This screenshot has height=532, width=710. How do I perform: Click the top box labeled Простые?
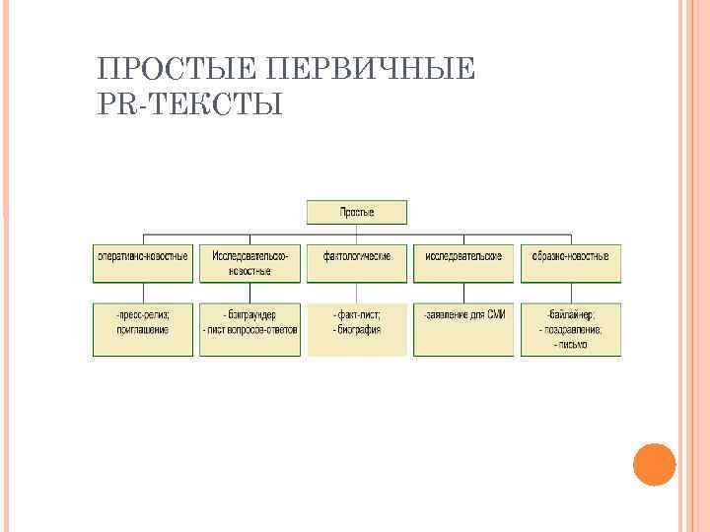tap(356, 212)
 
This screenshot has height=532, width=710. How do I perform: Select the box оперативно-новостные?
tap(142, 256)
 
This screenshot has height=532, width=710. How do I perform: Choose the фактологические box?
tap(356, 256)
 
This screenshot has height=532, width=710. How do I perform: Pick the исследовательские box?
tap(463, 256)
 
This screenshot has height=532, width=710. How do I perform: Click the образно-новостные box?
tap(570, 256)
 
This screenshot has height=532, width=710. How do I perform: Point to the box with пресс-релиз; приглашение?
tap(142, 328)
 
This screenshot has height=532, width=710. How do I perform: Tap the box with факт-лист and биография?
tap(356, 328)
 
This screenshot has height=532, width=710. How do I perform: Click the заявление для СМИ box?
tap(463, 328)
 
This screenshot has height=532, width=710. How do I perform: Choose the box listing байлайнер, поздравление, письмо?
tap(570, 328)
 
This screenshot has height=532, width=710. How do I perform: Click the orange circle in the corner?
tap(653, 464)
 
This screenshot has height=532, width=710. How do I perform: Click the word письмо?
tap(571, 345)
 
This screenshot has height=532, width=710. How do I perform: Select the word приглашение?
tap(144, 329)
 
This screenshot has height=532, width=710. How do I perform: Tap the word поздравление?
tap(572, 329)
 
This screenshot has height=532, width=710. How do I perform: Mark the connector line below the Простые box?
tap(356, 231)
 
